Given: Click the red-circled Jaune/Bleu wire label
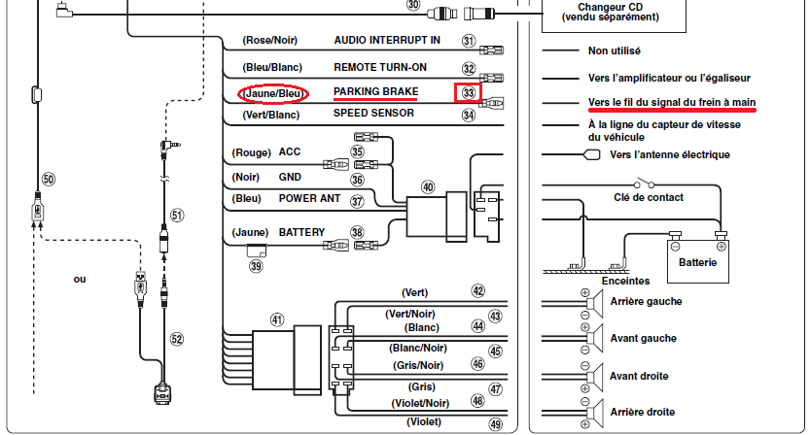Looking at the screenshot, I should point(272,94).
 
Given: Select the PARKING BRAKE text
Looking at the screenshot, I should point(375,92).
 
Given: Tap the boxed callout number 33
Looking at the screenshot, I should point(469,93).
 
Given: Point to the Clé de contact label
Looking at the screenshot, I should point(650,197).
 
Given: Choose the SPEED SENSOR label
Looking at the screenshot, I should point(374,114).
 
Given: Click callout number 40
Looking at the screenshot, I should point(428,186).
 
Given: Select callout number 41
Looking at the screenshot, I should point(277,319).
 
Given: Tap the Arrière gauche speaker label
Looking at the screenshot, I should point(645,301).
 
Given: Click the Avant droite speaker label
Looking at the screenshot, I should point(639,376).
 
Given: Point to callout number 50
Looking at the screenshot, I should point(49,180).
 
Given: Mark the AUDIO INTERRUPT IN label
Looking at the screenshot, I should point(387,41).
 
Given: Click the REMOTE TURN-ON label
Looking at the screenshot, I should point(379,68).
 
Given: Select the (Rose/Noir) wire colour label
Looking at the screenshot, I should point(268,41).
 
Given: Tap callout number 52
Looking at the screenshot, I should point(176,339).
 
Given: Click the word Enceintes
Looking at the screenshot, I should point(626,281).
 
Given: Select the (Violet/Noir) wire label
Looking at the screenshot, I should point(419,401).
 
